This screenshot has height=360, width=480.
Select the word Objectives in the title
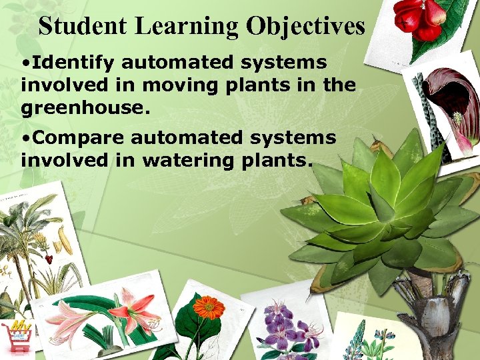point(306,26)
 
